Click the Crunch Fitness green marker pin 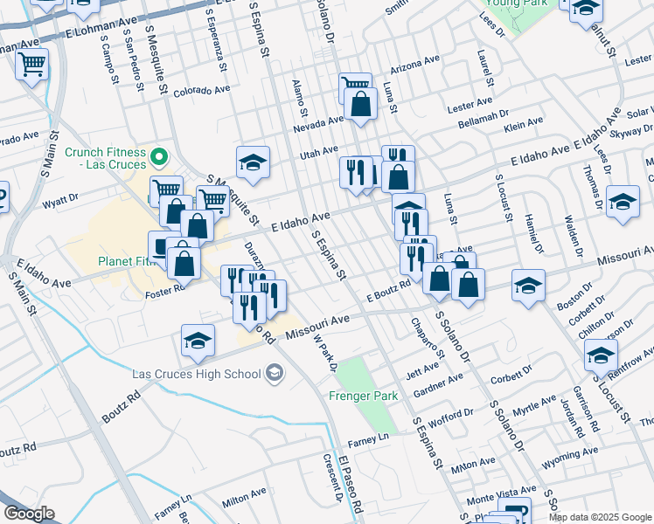pyautogui.click(x=158, y=158)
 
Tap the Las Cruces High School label pyautogui.click(x=197, y=374)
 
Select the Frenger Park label pyautogui.click(x=364, y=396)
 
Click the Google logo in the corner pyautogui.click(x=29, y=514)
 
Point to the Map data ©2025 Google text pyautogui.click(x=600, y=517)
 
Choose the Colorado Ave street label pyautogui.click(x=201, y=90)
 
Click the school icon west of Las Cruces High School pyautogui.click(x=198, y=341)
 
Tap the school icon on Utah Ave pyautogui.click(x=253, y=162)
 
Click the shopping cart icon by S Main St pyautogui.click(x=31, y=63)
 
